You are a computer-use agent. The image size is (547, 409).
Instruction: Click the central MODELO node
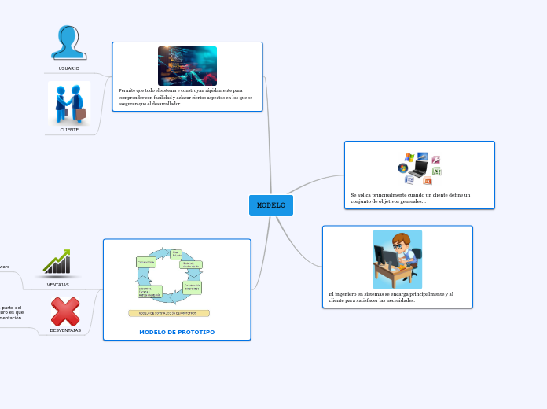(x=271, y=205)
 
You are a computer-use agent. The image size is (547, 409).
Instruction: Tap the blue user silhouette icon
(x=69, y=42)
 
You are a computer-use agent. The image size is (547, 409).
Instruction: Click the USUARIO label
(x=69, y=68)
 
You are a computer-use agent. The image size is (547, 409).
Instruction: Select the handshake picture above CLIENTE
(x=69, y=102)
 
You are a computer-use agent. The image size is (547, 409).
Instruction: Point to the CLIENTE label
(x=69, y=130)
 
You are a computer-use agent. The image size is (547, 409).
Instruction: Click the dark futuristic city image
(x=187, y=65)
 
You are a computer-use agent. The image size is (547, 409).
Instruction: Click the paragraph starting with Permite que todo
(x=185, y=97)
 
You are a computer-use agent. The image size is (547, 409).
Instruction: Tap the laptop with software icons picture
(x=419, y=168)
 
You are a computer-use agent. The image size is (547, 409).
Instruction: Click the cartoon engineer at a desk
(x=398, y=260)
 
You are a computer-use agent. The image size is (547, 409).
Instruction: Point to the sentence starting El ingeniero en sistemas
(x=391, y=297)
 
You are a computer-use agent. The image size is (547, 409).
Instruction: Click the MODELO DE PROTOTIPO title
(x=177, y=332)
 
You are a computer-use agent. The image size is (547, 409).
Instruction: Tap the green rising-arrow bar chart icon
(x=57, y=263)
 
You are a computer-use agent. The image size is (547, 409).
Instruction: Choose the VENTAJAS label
(x=57, y=285)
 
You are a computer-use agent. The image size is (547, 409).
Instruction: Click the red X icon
(x=65, y=311)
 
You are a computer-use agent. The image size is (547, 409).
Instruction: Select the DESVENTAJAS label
(x=65, y=330)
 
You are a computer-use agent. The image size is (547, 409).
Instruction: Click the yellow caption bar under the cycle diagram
(x=169, y=313)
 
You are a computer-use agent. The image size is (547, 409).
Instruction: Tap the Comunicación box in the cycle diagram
(x=145, y=262)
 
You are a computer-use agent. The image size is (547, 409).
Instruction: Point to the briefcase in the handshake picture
(x=81, y=115)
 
